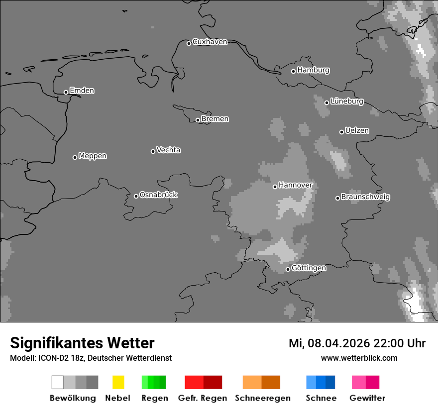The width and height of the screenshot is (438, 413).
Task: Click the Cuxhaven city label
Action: [210, 42]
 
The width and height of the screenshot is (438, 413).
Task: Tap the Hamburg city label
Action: [313, 70]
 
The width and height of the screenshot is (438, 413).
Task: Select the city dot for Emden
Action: [66, 92]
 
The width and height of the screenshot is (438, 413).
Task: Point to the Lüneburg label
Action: [346, 102]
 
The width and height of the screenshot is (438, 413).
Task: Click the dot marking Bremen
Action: [198, 120]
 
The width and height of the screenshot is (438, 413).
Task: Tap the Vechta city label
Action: [168, 150]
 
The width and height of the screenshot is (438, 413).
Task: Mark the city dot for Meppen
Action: [75, 157]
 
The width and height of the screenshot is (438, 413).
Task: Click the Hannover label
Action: [295, 186]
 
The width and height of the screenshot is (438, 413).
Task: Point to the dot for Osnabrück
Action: [136, 196]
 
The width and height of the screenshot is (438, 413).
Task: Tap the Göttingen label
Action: [309, 268]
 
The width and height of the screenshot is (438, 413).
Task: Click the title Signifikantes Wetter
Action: [82, 343]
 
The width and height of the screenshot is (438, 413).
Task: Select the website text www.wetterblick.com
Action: [359, 358]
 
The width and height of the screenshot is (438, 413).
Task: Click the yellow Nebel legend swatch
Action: [118, 382]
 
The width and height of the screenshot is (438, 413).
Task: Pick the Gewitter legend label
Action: [367, 398]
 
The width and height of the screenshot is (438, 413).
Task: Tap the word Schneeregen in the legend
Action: [263, 398]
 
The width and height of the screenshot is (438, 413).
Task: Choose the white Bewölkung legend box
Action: [57, 382]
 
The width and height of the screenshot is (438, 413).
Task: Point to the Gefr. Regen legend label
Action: [202, 398]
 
